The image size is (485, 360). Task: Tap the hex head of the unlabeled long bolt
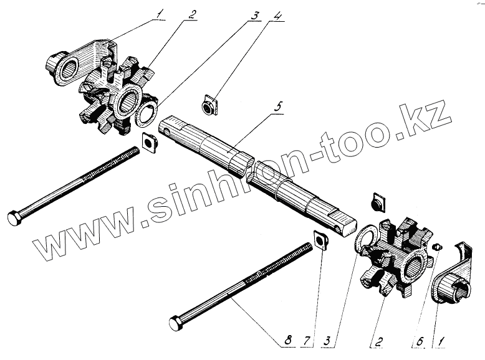15,218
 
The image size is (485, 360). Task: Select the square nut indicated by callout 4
210,105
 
